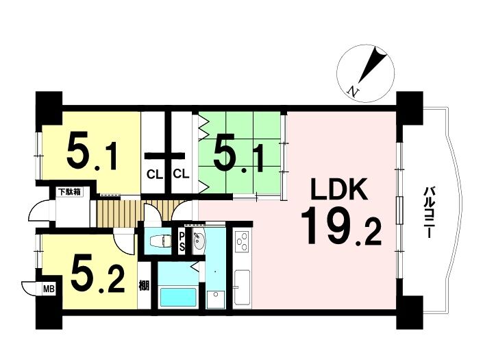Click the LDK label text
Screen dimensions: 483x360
[339, 189]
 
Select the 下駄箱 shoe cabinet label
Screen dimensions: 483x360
[69, 192]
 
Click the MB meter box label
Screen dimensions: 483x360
[49, 289]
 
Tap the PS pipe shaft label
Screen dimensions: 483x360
[182, 241]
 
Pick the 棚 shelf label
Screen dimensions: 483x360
[144, 286]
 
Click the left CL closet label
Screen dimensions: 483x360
[154, 174]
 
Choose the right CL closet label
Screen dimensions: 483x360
[181, 174]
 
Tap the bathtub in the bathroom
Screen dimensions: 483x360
[178, 297]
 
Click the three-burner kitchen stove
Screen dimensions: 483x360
[242, 241]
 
